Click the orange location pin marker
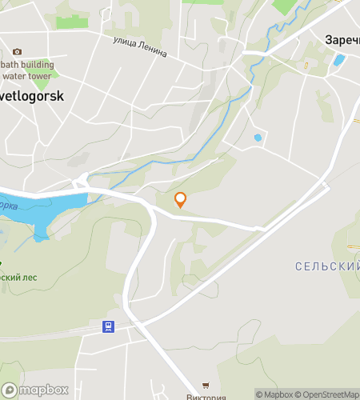point(180,200)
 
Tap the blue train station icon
point(107,326)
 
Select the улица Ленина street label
point(139,46)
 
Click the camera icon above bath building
point(18,51)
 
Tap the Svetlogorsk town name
point(32,94)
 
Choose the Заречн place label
point(342,38)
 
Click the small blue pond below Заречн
point(339,59)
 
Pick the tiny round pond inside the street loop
point(258,138)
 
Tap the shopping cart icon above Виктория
point(206,386)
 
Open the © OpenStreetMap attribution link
point(328,394)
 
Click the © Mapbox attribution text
point(274,394)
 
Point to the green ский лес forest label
point(19,277)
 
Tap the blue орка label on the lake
point(8,205)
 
